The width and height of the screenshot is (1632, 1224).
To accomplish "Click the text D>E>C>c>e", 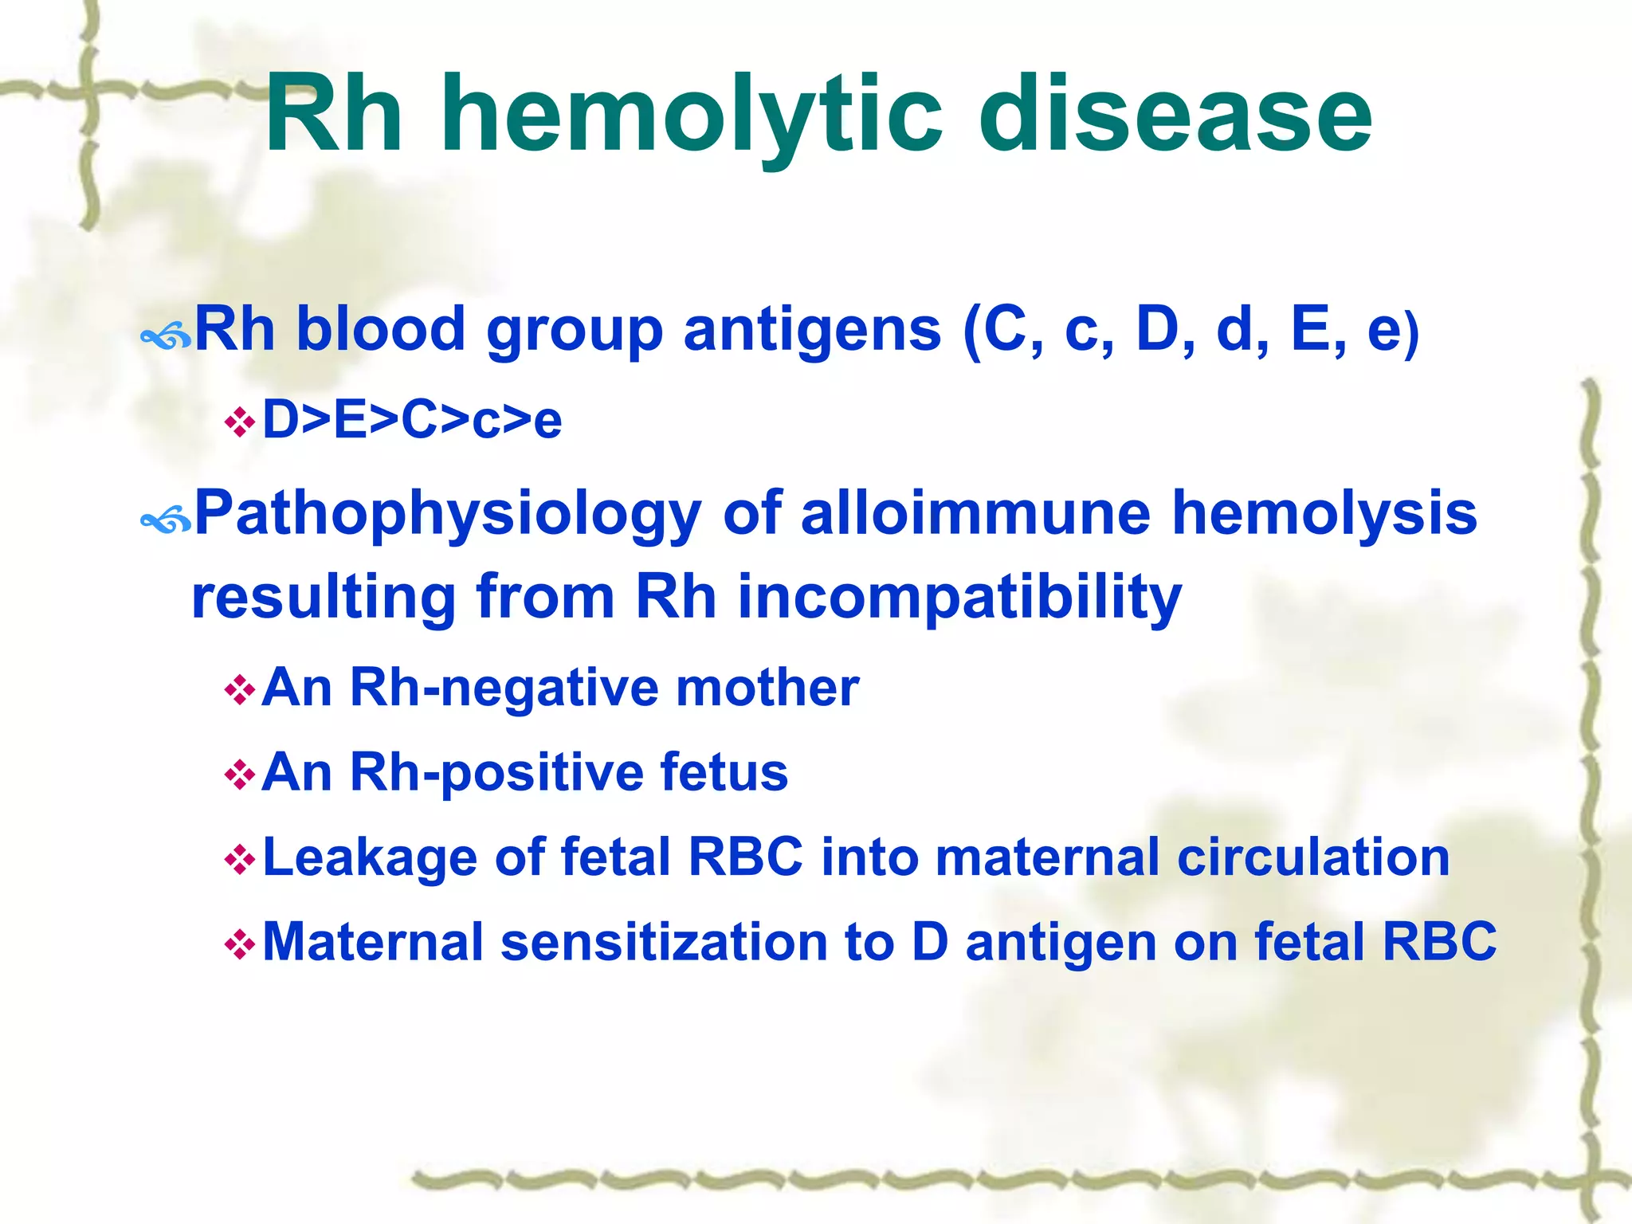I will coord(412,420).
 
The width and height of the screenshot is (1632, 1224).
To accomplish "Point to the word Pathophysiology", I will coord(448,514).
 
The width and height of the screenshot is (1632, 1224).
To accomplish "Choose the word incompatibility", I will coord(959,598).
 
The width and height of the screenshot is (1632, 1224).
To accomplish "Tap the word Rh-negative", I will coord(504,688).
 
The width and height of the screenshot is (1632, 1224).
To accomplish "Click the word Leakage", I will coord(369,857).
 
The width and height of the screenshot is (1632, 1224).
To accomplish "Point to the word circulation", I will coord(1312,857).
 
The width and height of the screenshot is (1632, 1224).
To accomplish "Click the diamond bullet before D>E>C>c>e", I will coord(239,422).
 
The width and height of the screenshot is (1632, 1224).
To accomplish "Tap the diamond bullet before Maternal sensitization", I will coord(239,945).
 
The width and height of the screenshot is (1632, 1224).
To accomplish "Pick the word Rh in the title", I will coord(333,116).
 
